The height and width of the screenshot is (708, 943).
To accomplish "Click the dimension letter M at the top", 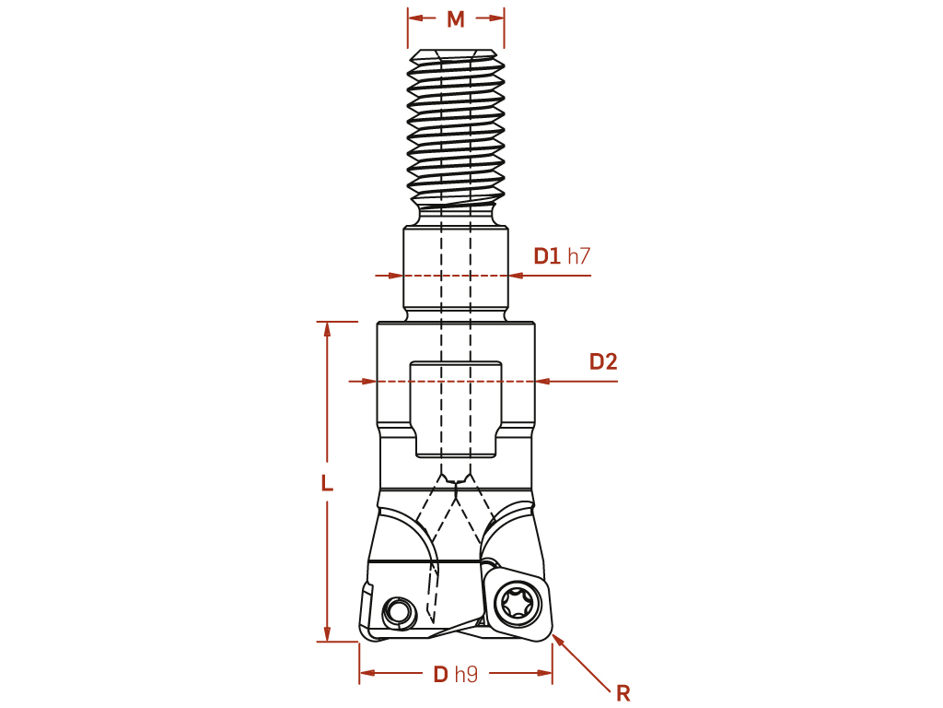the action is [x=456, y=19].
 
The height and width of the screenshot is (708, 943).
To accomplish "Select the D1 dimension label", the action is [x=547, y=256].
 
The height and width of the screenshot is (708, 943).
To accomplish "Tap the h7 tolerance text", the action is [x=579, y=256].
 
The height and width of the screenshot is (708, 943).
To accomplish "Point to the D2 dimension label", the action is [x=603, y=361].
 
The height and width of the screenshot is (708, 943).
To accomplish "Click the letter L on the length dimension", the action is [x=327, y=483].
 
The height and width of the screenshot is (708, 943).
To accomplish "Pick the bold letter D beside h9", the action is [x=441, y=674].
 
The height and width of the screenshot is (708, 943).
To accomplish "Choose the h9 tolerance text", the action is [x=467, y=674].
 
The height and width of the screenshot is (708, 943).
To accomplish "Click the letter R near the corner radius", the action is [x=623, y=693].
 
